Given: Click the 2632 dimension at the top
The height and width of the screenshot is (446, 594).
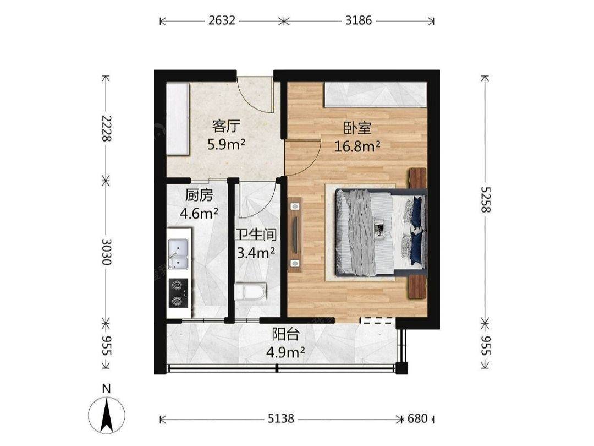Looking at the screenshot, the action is point(222,20).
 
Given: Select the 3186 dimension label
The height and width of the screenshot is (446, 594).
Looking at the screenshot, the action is point(359,20).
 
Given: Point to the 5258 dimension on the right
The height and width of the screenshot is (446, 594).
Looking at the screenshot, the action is point(485,199).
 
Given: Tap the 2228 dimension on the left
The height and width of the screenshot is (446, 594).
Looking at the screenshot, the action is point(107,128).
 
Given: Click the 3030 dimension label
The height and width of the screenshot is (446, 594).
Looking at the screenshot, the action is point(107,252).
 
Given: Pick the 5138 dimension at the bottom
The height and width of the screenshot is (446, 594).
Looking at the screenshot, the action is point(280,418).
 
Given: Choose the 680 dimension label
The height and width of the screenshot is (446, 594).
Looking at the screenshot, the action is point(417,418).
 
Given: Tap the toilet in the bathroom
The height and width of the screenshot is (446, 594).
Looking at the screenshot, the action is point(250,291).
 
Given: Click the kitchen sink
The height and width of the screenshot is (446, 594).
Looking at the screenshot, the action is point(178,254).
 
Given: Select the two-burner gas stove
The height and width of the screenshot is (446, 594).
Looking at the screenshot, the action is point(178,293).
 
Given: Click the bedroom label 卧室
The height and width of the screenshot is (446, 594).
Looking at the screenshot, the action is point(358,128).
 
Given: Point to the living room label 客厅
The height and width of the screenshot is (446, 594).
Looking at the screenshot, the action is point(226,126).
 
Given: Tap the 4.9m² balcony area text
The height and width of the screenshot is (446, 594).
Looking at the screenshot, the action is point(285,353).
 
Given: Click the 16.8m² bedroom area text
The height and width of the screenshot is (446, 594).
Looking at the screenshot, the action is point(358,146).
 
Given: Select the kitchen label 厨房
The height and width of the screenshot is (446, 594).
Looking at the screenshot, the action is point(199,195).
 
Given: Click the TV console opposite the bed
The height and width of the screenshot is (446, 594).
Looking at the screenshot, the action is point(295,235).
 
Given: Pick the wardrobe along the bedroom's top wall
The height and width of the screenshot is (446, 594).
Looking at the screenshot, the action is point(375,95).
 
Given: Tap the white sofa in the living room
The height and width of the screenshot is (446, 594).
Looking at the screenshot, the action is point(178,119).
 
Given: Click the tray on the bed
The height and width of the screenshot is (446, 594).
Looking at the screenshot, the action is point(380,229).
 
